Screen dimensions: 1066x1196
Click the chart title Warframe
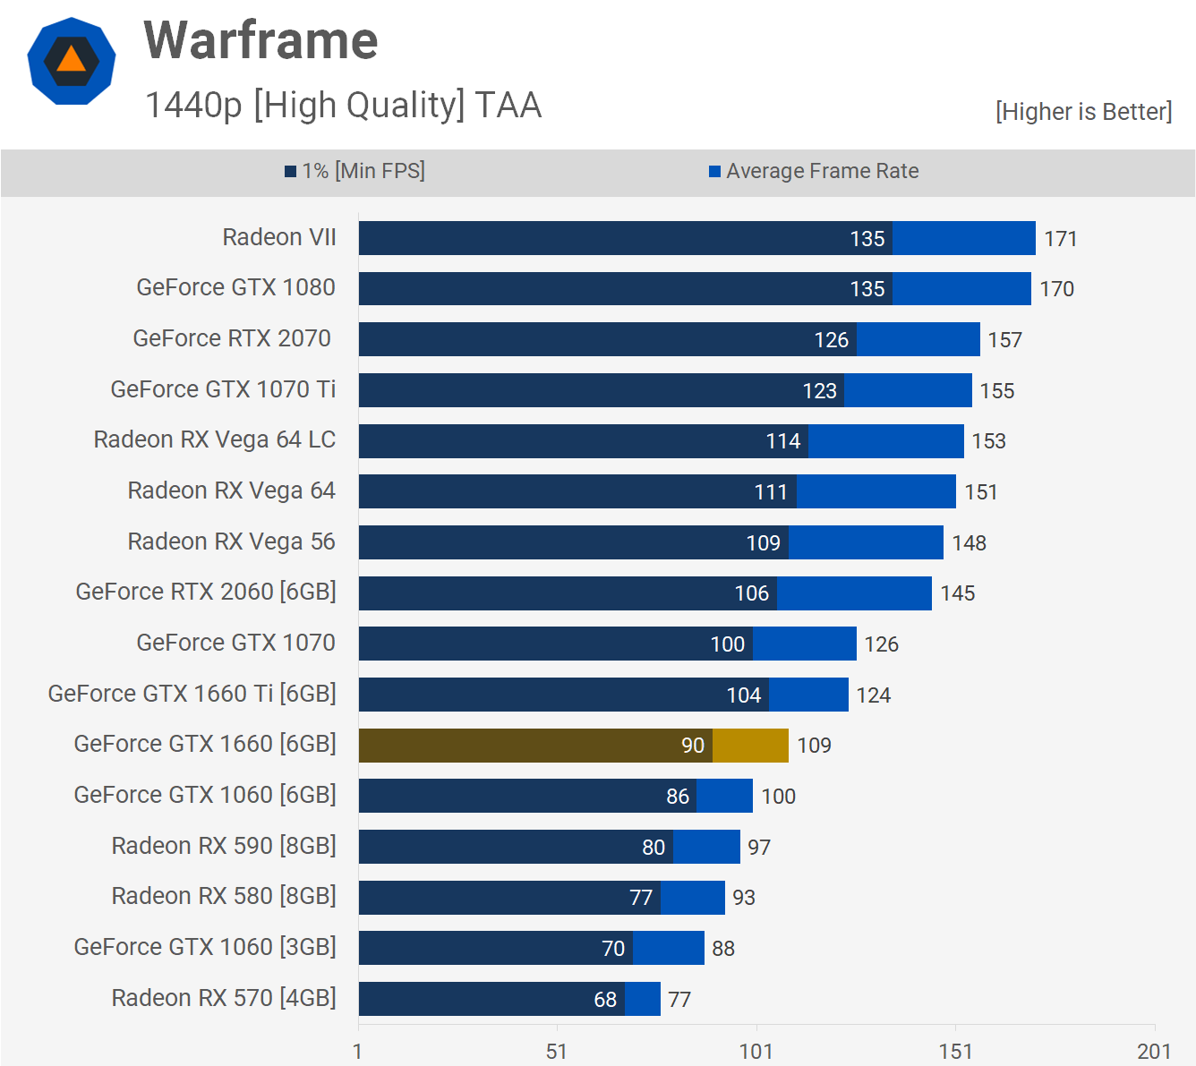tap(261, 41)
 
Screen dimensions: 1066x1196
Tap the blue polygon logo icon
tap(72, 61)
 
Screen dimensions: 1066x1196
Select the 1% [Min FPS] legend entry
tap(355, 171)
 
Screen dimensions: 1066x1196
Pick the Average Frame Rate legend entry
tap(814, 171)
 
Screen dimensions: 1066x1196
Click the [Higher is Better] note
tap(1083, 112)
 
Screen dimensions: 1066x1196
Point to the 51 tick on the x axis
tap(557, 1051)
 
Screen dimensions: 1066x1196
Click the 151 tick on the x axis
tap(955, 1051)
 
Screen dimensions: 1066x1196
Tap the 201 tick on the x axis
tap(1154, 1051)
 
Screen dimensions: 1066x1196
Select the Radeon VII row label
tap(279, 237)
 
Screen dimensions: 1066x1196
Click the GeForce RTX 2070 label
tap(232, 338)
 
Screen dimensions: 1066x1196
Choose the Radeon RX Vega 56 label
tap(231, 542)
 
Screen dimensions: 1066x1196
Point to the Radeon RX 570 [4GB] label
tap(224, 998)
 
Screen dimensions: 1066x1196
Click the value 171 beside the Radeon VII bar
tap(1061, 239)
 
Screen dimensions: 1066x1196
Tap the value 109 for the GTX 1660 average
tap(814, 746)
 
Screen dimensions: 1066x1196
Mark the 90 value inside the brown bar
tap(693, 746)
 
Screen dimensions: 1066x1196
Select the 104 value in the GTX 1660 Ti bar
tap(744, 695)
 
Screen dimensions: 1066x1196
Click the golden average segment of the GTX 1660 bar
tap(750, 746)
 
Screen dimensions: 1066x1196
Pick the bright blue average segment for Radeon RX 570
tap(643, 999)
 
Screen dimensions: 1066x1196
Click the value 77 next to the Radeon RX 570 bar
tap(679, 1000)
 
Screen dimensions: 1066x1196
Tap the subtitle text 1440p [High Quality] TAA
tap(343, 106)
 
